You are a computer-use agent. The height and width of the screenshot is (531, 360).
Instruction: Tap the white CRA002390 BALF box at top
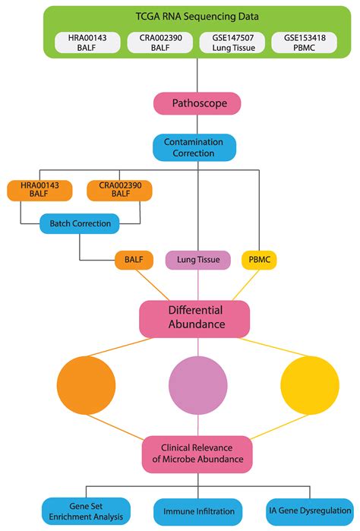coord(158,43)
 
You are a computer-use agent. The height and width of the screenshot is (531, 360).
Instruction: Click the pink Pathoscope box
coord(197,103)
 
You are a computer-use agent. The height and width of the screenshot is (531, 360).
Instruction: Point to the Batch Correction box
coord(80,223)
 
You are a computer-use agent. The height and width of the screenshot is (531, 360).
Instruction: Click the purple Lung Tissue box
coord(198,261)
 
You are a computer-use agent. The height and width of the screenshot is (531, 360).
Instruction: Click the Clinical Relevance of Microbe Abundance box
coord(197,454)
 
